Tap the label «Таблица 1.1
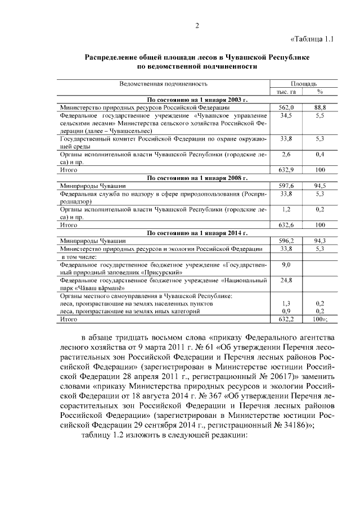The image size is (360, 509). [x=313, y=39]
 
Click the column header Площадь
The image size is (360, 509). [x=303, y=83]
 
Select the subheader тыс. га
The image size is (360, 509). [x=286, y=91]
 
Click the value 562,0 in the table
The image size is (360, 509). [x=286, y=107]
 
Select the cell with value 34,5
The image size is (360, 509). [x=286, y=115]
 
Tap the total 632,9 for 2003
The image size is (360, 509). [x=286, y=169]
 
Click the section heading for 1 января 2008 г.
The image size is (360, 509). [x=197, y=177]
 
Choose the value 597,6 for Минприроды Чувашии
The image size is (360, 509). [x=286, y=185]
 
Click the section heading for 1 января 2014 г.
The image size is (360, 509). [x=197, y=232]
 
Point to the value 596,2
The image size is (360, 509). [x=286, y=240]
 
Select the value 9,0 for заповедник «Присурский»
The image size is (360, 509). [x=286, y=264]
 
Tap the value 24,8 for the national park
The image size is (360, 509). [x=286, y=280]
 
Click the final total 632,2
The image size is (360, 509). [x=286, y=319]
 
